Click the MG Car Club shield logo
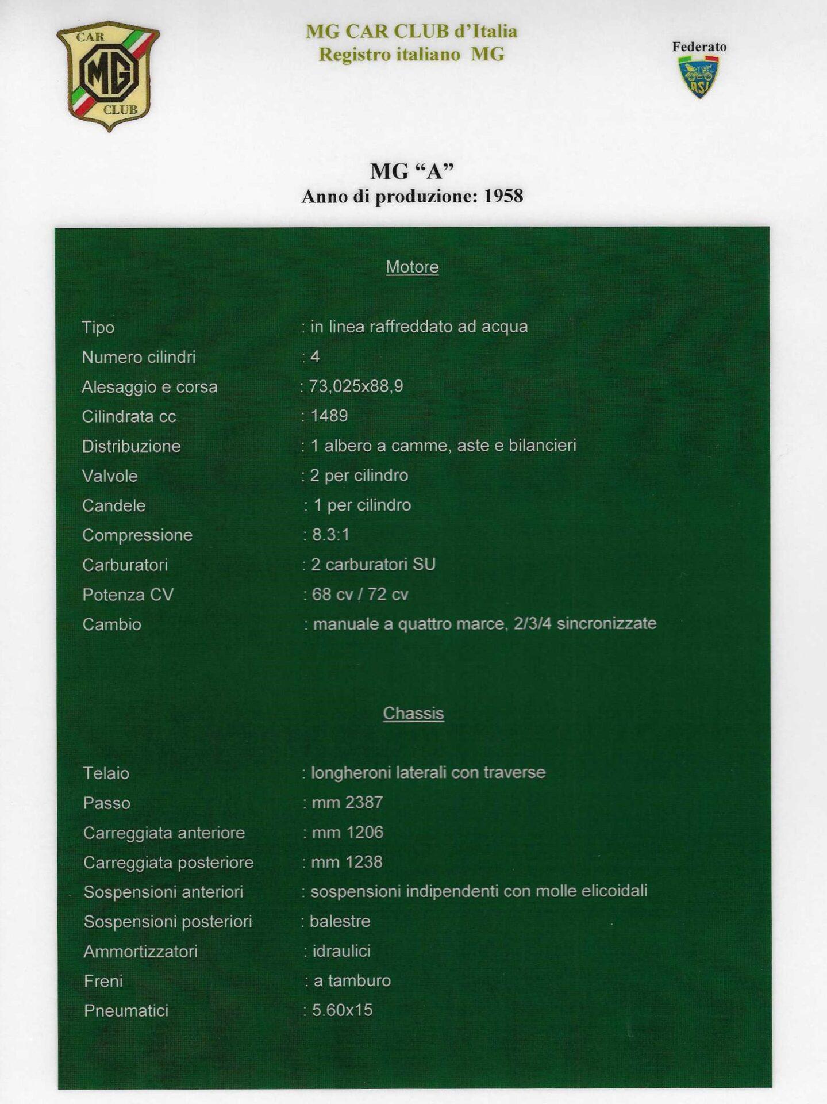pyautogui.click(x=108, y=75)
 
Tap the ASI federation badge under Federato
pyautogui.click(x=698, y=76)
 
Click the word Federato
pyautogui.click(x=699, y=47)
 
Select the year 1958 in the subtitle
pyautogui.click(x=503, y=196)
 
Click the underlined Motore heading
pyautogui.click(x=412, y=267)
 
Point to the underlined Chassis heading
pyautogui.click(x=413, y=713)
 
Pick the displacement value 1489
pyautogui.click(x=329, y=416)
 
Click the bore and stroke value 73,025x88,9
pyautogui.click(x=356, y=386)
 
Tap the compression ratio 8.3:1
pyautogui.click(x=330, y=535)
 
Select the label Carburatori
pyautogui.click(x=125, y=565)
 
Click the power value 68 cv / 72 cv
pyautogui.click(x=360, y=594)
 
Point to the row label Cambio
pyautogui.click(x=111, y=624)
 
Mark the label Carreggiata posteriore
pyautogui.click(x=168, y=862)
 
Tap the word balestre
pyautogui.click(x=340, y=921)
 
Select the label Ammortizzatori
pyautogui.click(x=140, y=952)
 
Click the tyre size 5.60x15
pyautogui.click(x=342, y=1010)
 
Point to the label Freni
pyautogui.click(x=103, y=981)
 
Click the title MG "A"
pyautogui.click(x=411, y=171)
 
